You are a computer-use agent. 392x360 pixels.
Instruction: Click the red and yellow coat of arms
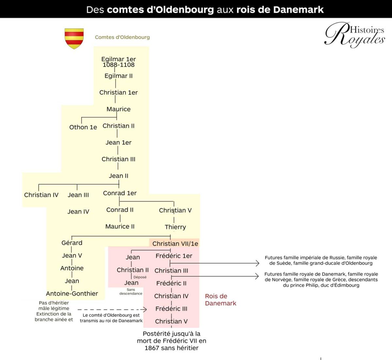pos(74,39)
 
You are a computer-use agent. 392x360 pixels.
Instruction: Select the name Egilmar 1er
pos(119,59)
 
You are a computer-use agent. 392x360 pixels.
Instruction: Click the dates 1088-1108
pos(119,65)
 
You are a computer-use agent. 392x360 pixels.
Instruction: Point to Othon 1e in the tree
pos(83,127)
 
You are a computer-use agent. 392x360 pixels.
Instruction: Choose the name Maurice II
pos(120,227)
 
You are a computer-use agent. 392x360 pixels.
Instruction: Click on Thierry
pos(175,227)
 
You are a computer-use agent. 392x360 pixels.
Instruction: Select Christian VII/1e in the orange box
pos(175,243)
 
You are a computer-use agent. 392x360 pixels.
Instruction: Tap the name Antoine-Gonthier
pos(72,293)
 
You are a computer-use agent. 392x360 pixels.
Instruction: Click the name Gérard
pos(72,243)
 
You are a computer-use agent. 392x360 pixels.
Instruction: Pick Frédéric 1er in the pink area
pos(174,256)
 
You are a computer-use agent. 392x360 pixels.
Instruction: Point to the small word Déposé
pos(140,277)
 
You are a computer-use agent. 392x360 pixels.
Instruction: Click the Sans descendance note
pos(131,291)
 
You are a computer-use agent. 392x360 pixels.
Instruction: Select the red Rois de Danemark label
pos(220,300)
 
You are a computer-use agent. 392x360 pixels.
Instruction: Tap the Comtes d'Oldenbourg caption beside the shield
pos(122,37)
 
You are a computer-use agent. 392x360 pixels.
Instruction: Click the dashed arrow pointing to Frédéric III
pos(112,309)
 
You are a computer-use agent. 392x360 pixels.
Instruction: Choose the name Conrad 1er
pos(120,193)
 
